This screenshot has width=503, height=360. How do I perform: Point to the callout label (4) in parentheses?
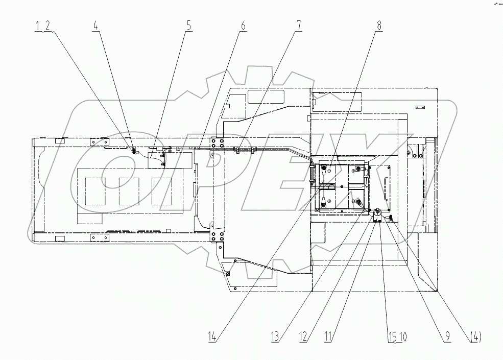[x=475, y=337]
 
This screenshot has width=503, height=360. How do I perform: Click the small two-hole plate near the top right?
[x=420, y=107]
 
